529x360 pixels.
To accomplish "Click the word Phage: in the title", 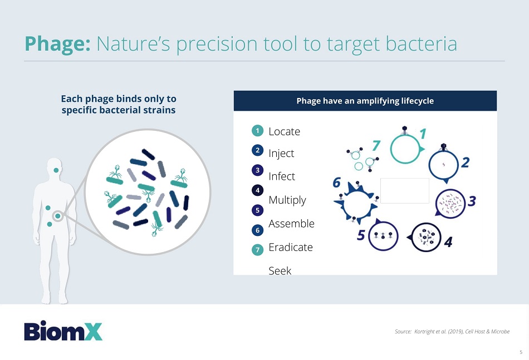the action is (57, 44).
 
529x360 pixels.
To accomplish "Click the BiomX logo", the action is (63, 331).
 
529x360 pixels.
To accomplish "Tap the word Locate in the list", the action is (284, 131).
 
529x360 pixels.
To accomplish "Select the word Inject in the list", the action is (281, 154).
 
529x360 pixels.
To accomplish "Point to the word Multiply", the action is (287, 200).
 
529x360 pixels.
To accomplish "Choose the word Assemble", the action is (291, 224).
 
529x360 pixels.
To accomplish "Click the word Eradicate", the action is (291, 247).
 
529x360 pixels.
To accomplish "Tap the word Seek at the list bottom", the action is (280, 270).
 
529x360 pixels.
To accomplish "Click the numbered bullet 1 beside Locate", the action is (257, 130).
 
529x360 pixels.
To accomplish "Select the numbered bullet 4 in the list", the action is (257, 190).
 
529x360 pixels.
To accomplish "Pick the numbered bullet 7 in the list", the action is (257, 250).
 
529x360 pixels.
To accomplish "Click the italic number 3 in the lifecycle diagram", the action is (472, 201).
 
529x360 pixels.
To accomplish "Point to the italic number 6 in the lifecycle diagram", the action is (337, 183).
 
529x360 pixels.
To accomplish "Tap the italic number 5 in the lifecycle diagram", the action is (361, 235).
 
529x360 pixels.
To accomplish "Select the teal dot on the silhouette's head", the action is (56, 170).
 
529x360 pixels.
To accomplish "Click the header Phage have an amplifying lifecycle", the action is (365, 101).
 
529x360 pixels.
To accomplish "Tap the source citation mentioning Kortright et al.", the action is (452, 332).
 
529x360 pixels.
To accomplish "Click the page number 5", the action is (521, 352).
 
